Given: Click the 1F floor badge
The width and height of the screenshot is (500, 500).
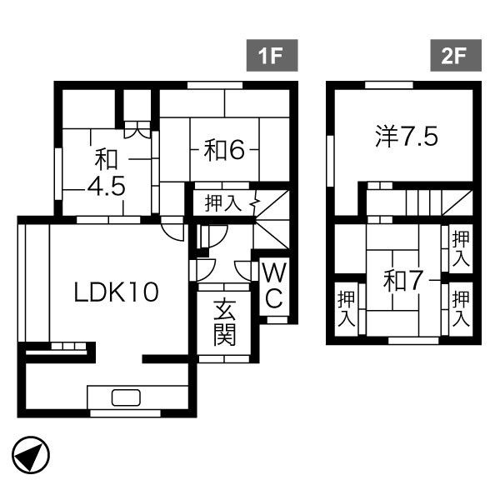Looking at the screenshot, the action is click(x=272, y=56).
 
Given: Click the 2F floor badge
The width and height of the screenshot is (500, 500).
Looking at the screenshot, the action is click(x=456, y=56).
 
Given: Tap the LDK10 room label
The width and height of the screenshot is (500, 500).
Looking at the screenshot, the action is click(x=116, y=292).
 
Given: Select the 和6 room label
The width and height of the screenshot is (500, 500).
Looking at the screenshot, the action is click(x=224, y=150).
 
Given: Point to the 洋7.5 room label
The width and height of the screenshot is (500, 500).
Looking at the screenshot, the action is click(x=407, y=136).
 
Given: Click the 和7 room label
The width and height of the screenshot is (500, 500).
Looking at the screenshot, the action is click(x=403, y=281).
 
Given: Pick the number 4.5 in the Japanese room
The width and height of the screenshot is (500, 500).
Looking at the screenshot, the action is click(x=106, y=186).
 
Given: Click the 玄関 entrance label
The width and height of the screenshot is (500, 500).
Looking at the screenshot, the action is click(x=224, y=322).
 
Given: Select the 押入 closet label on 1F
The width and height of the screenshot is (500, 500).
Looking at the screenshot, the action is click(x=223, y=202).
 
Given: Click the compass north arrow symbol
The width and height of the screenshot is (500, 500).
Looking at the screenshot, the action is click(x=31, y=455).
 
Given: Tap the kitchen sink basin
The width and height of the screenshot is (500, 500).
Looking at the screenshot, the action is click(x=126, y=397).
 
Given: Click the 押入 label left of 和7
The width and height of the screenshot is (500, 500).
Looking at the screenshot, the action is click(x=347, y=308).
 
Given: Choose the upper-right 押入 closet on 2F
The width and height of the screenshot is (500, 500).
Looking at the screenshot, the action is click(x=461, y=248).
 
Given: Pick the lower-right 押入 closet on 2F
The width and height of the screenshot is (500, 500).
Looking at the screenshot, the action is click(x=461, y=308).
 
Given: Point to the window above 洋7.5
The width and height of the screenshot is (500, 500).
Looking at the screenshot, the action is click(x=389, y=85).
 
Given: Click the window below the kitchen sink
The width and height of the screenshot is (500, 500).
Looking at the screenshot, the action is click(x=125, y=413).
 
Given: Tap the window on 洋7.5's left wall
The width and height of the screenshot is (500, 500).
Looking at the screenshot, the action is click(x=330, y=161).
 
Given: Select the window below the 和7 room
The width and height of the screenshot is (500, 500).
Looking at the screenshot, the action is click(x=413, y=341).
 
